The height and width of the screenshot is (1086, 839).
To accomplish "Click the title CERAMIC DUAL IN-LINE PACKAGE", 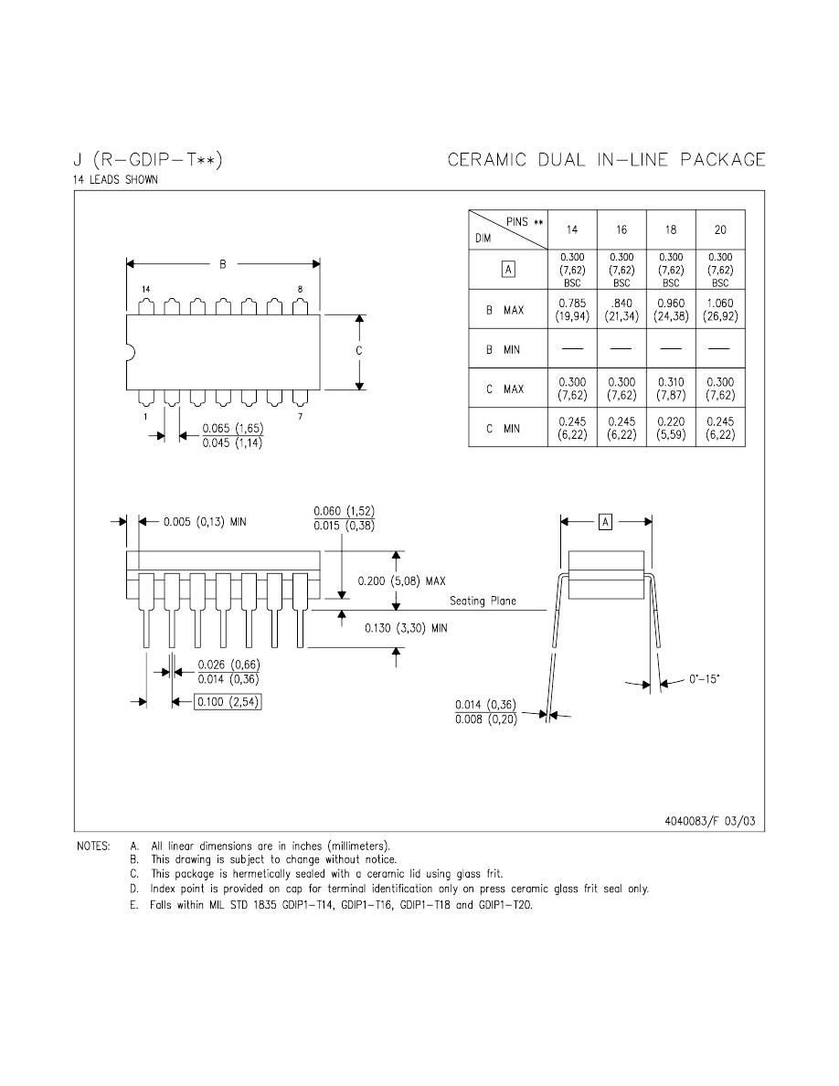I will click(606, 160).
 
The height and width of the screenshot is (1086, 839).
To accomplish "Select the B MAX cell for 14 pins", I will click(573, 310).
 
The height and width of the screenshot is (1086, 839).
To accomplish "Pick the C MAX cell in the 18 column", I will click(671, 389).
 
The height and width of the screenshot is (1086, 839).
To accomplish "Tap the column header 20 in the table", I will click(720, 230).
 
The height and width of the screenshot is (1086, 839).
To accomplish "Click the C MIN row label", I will click(505, 428).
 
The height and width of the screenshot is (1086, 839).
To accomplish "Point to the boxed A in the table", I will click(508, 270).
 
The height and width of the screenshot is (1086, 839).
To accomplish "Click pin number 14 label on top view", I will click(145, 289).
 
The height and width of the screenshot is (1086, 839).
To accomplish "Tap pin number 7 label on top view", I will click(299, 417).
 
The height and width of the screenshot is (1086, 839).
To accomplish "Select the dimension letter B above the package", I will click(222, 265).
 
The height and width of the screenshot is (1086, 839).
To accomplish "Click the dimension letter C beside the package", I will click(359, 351).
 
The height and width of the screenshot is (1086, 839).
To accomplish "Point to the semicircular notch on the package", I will click(130, 351).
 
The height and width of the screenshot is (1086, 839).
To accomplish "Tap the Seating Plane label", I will click(483, 601).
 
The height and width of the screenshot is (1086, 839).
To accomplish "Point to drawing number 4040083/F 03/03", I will click(711, 820).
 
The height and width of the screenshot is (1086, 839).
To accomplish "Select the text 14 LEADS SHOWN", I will click(115, 180).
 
